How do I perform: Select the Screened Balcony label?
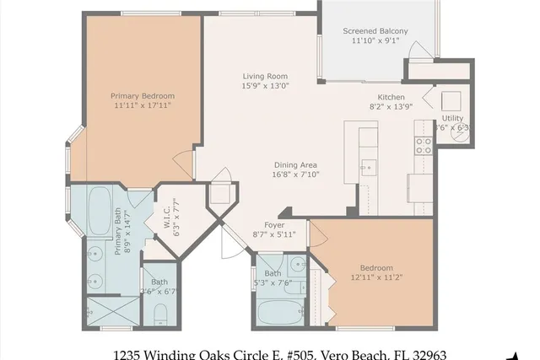(x=375, y=31)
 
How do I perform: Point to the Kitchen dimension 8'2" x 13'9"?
(x=391, y=107)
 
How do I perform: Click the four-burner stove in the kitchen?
(x=423, y=145)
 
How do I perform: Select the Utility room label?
(x=453, y=119)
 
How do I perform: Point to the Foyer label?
(x=274, y=224)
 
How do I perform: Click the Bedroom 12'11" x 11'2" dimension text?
(x=372, y=277)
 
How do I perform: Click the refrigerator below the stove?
(x=419, y=183)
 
